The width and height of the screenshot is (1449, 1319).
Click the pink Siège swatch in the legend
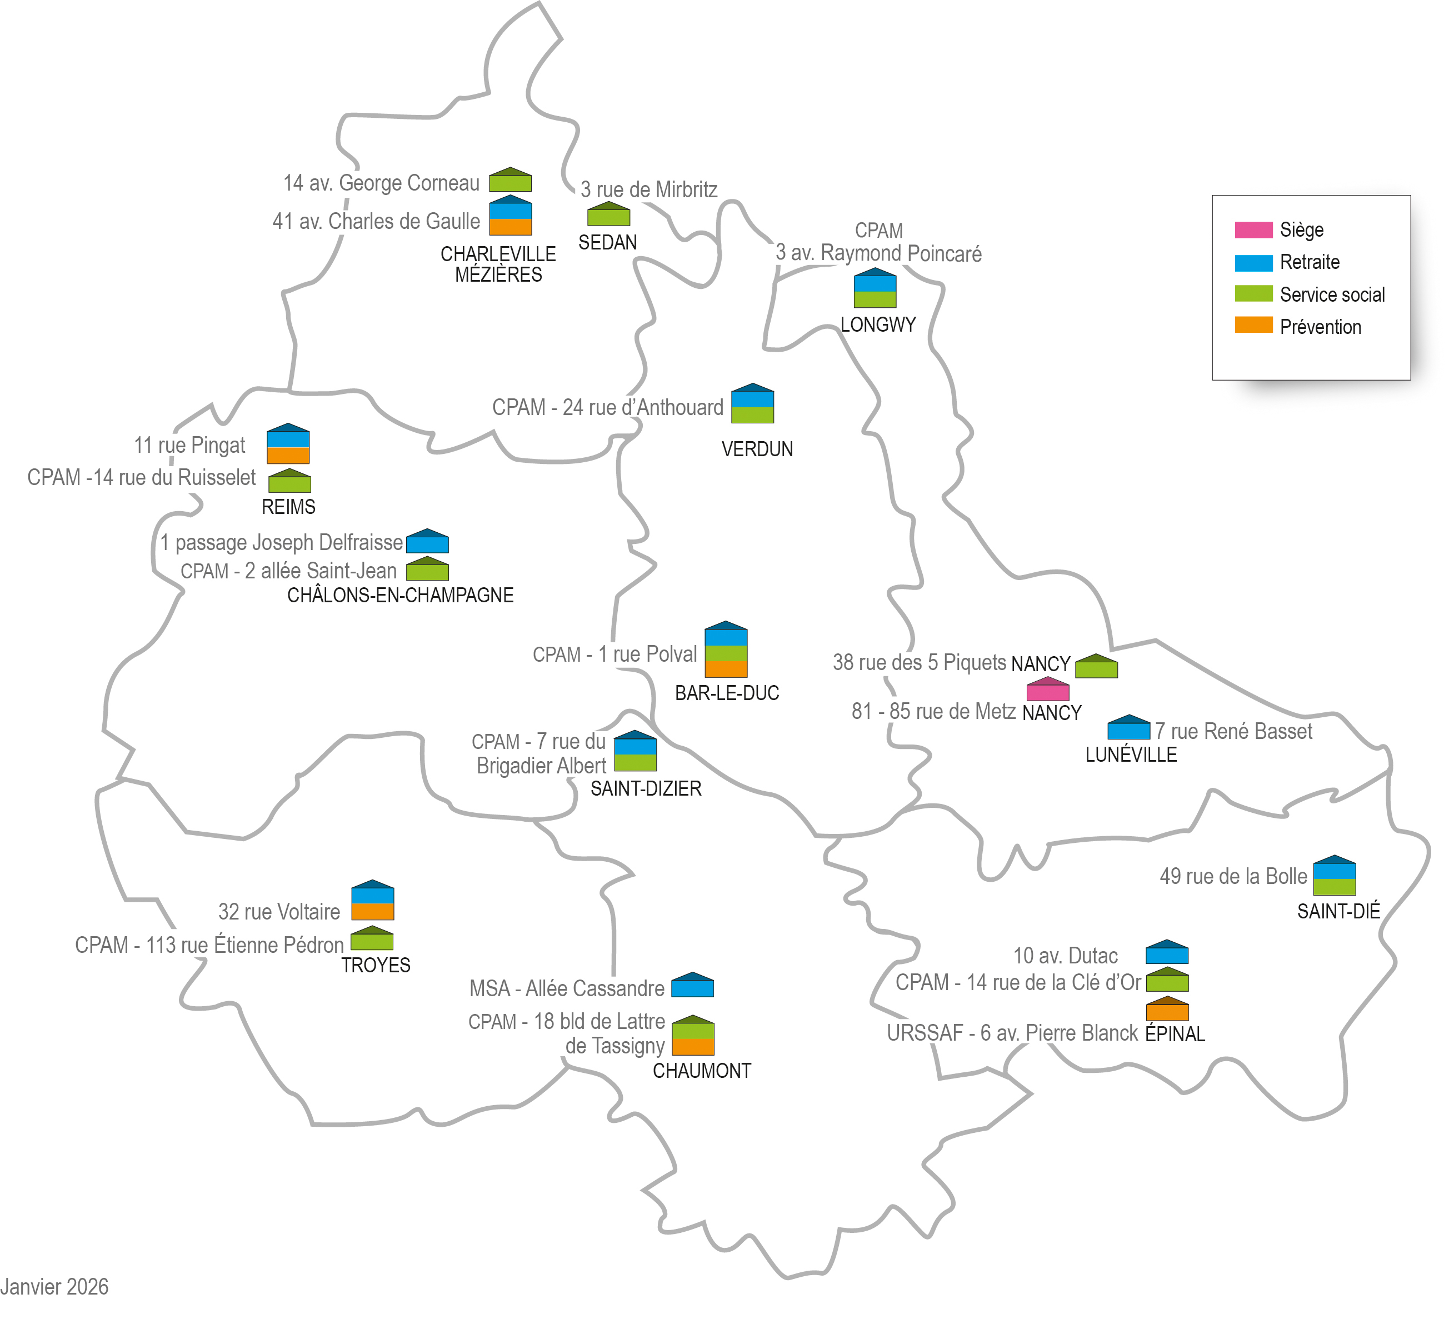1253,230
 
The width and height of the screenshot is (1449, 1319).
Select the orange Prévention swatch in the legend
1253,325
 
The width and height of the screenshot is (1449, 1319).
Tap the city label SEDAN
607,243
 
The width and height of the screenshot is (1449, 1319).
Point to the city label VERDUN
757,449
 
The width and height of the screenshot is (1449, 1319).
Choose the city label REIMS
288,507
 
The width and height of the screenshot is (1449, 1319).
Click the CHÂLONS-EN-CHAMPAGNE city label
401,596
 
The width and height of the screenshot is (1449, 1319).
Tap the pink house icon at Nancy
1047,690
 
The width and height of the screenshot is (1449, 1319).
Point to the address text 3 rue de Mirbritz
648,190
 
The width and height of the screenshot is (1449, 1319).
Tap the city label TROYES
375,965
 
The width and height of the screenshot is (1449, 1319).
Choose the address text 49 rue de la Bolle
1233,877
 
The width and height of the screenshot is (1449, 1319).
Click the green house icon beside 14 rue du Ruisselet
289,481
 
